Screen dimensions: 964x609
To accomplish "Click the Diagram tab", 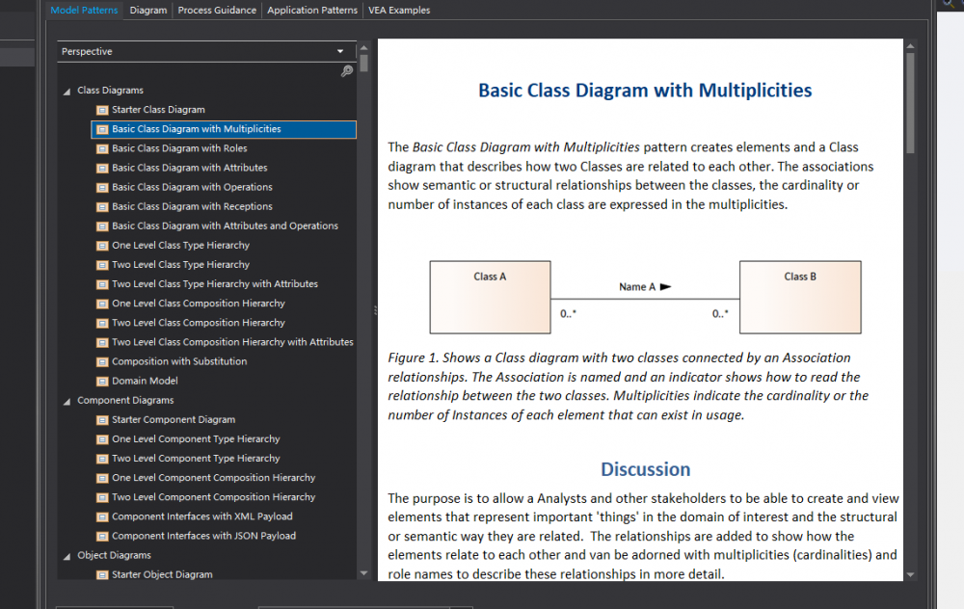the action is pos(148,11).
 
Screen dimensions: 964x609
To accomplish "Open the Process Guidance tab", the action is pos(217,11).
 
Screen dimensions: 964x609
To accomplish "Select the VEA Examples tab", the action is pos(399,11).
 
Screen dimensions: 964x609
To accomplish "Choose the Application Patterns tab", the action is pos(312,11).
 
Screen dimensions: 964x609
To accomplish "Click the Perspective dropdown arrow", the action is pos(340,52).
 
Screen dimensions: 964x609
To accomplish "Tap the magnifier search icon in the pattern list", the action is pos(347,71).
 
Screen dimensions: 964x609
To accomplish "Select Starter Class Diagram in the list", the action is pos(158,110).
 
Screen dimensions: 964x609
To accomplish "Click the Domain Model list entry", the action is pos(145,381).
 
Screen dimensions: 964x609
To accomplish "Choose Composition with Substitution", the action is pos(179,361).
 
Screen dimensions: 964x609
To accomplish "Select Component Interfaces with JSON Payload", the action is pos(203,536).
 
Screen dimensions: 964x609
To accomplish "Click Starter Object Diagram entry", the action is pos(162,574).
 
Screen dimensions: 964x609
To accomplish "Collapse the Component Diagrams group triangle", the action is pos(67,401).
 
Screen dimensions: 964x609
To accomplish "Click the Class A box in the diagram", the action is pos(490,298).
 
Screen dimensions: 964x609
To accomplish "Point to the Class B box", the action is pos(800,298).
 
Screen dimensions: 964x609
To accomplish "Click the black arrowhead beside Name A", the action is pos(665,286).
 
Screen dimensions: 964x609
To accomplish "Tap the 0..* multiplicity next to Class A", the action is pos(568,313).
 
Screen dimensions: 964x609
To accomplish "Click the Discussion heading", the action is pos(646,469).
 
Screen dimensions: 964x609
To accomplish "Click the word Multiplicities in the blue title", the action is pos(755,91).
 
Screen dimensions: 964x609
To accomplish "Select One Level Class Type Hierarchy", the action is pos(180,245).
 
